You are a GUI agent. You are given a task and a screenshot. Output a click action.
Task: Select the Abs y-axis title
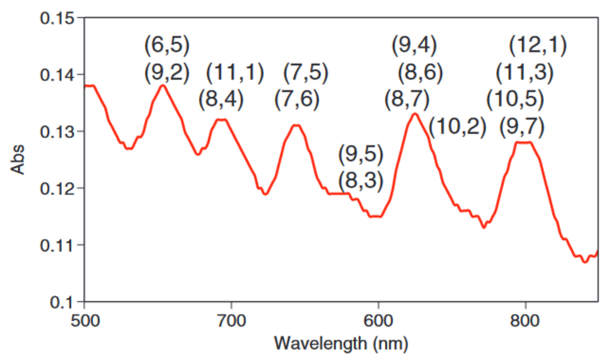pyautogui.click(x=19, y=160)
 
